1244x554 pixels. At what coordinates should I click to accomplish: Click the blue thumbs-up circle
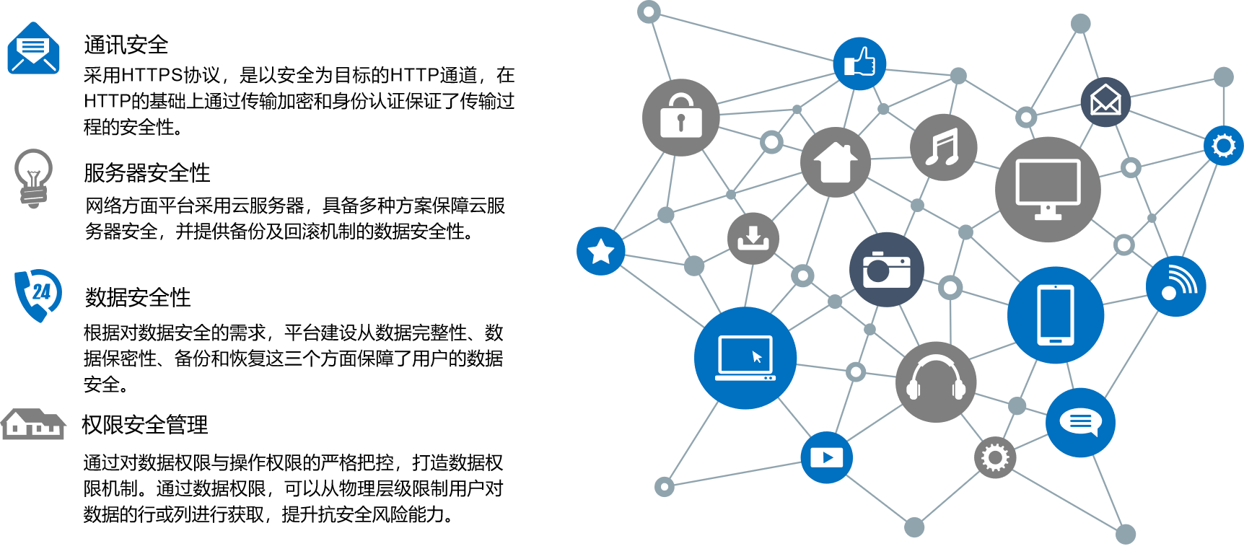pyautogui.click(x=859, y=63)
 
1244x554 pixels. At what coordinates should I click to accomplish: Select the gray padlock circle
pyautogui.click(x=680, y=117)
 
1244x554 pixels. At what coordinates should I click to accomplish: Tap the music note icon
pyautogui.click(x=943, y=147)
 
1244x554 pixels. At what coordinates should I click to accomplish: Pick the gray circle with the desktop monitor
pyautogui.click(x=1048, y=189)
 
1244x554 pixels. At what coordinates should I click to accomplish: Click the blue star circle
pyautogui.click(x=600, y=251)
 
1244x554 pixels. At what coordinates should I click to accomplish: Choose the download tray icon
pyautogui.click(x=753, y=238)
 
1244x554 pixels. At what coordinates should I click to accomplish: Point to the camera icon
pyautogui.click(x=886, y=270)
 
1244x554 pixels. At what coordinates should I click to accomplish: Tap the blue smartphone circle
pyautogui.click(x=1055, y=315)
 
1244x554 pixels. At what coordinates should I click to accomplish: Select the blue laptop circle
pyautogui.click(x=745, y=358)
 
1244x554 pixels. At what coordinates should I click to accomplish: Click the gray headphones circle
pyautogui.click(x=935, y=382)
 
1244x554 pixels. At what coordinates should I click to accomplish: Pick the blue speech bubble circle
pyautogui.click(x=1080, y=423)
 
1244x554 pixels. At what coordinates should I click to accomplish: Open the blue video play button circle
pyautogui.click(x=826, y=457)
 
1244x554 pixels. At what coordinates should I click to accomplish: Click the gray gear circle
pyautogui.click(x=995, y=457)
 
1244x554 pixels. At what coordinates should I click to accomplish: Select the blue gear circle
pyautogui.click(x=1223, y=146)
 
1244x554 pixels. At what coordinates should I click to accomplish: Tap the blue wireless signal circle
pyautogui.click(x=1175, y=286)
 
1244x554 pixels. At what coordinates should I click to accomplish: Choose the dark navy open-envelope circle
pyautogui.click(x=1105, y=102)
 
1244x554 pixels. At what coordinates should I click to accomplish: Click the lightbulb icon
pyautogui.click(x=33, y=177)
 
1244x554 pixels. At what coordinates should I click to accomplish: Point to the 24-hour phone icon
pyautogui.click(x=39, y=294)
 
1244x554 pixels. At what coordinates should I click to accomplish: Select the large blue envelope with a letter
pyautogui.click(x=33, y=48)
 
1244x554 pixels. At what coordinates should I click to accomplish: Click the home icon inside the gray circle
pyautogui.click(x=836, y=162)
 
